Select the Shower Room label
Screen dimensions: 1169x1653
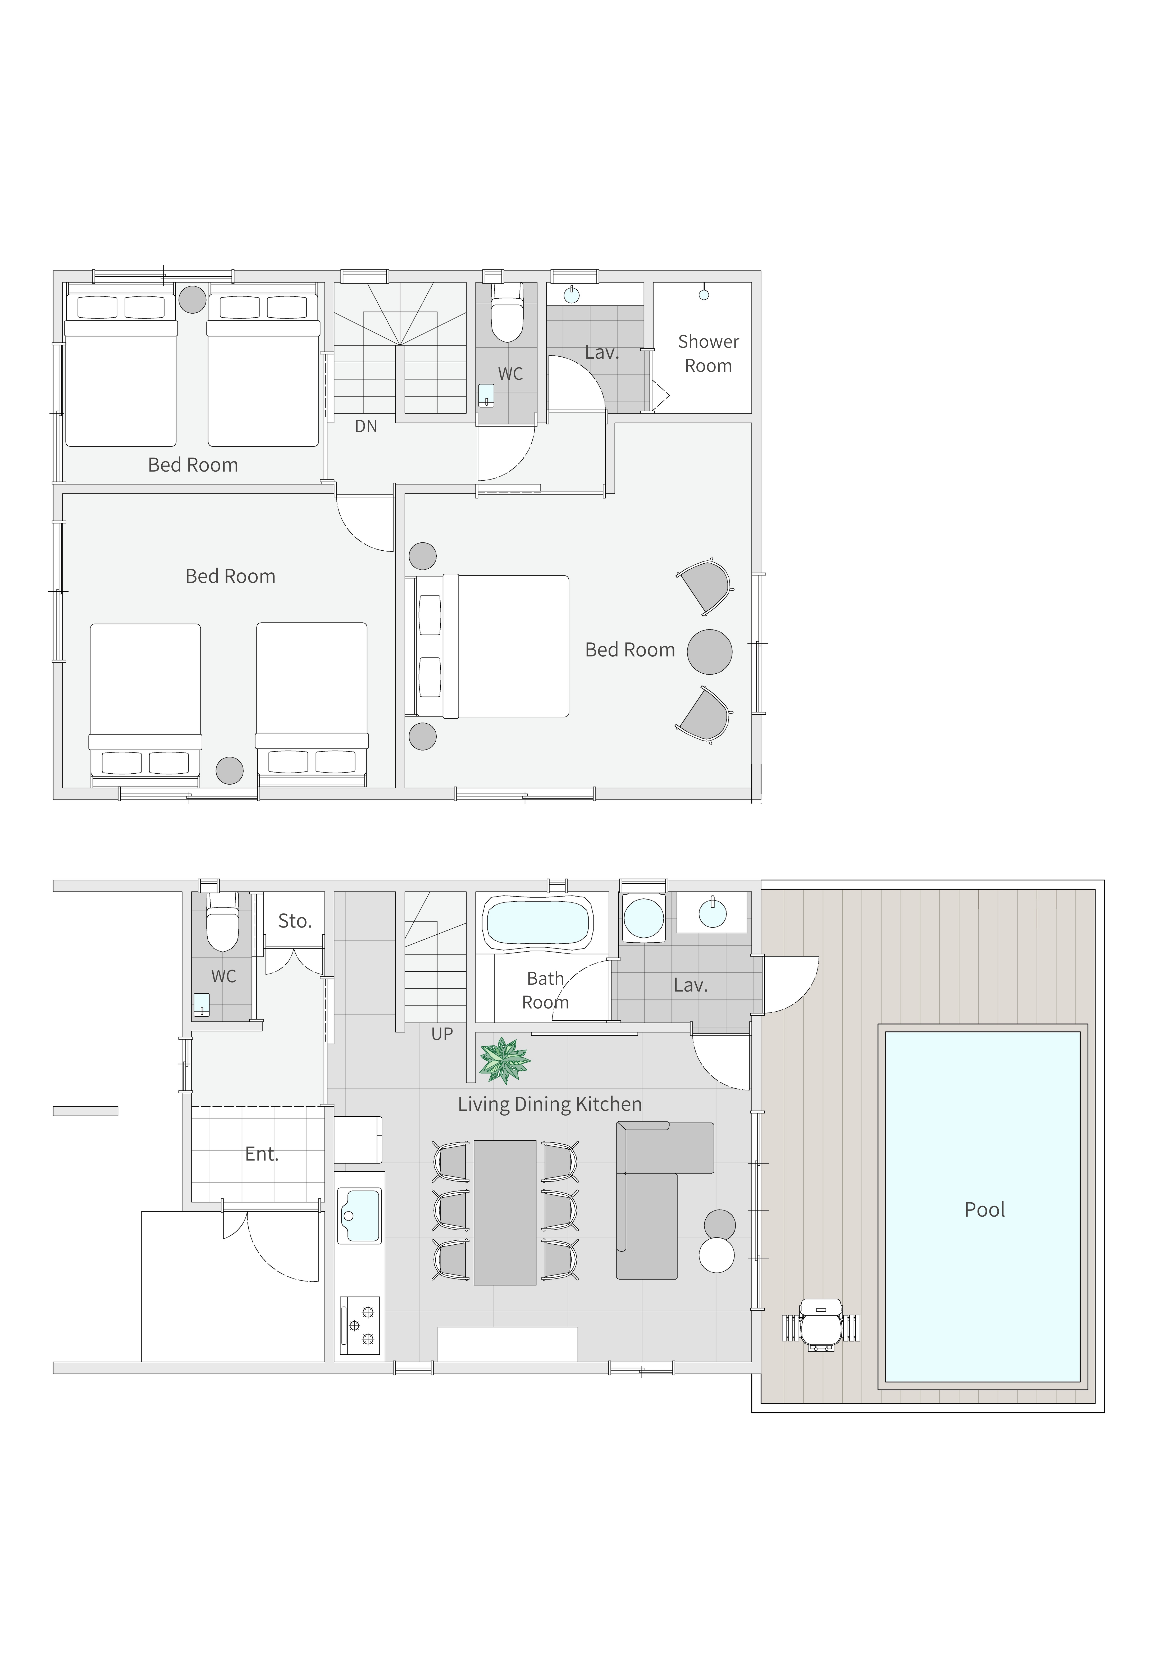708,354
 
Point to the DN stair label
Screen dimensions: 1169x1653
366,426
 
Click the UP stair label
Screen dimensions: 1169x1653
442,1034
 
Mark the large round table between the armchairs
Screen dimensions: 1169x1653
710,652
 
